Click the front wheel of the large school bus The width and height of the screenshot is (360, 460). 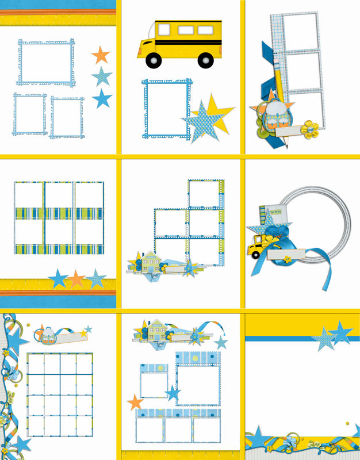(x=154, y=60)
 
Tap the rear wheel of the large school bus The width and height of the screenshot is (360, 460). (x=206, y=60)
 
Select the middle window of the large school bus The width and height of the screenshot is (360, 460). (x=186, y=30)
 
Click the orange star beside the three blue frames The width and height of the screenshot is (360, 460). (x=101, y=55)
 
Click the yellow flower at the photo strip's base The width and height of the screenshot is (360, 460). (x=309, y=129)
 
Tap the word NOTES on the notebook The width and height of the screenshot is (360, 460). (x=276, y=212)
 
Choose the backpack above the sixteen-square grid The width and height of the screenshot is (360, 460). (x=48, y=336)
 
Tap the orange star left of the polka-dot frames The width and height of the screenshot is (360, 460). (x=135, y=402)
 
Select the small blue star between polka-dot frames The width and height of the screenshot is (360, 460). (x=173, y=393)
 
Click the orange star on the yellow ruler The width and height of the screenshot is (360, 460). (x=76, y=279)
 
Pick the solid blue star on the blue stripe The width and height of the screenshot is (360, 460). (x=340, y=333)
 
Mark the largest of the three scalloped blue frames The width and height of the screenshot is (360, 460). (x=46, y=63)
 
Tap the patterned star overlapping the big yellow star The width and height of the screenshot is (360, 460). (x=202, y=122)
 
